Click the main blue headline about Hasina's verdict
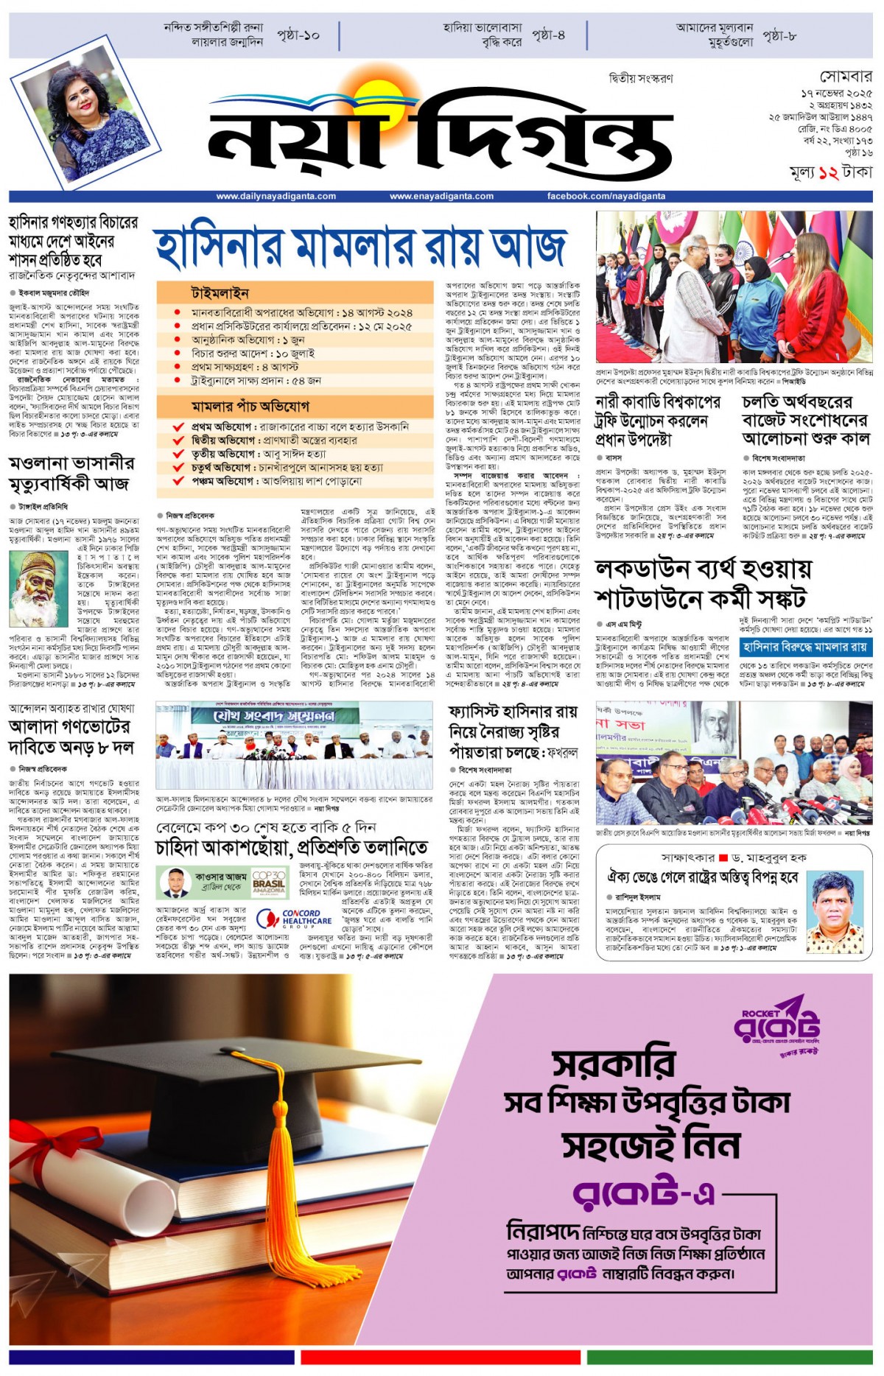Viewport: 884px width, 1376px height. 361,246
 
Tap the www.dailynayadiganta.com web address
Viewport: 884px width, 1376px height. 276,197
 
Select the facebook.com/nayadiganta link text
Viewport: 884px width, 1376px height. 606,197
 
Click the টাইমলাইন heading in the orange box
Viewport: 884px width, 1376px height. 220,293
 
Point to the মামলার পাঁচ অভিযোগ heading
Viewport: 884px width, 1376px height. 250,406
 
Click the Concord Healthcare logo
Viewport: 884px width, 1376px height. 294,919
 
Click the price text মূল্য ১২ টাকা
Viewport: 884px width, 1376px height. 830,173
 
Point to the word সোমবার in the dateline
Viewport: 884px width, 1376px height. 846,77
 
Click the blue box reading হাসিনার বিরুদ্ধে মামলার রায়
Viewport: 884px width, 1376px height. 805,647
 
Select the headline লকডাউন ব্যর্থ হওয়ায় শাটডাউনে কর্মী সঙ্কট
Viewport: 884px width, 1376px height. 704,583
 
